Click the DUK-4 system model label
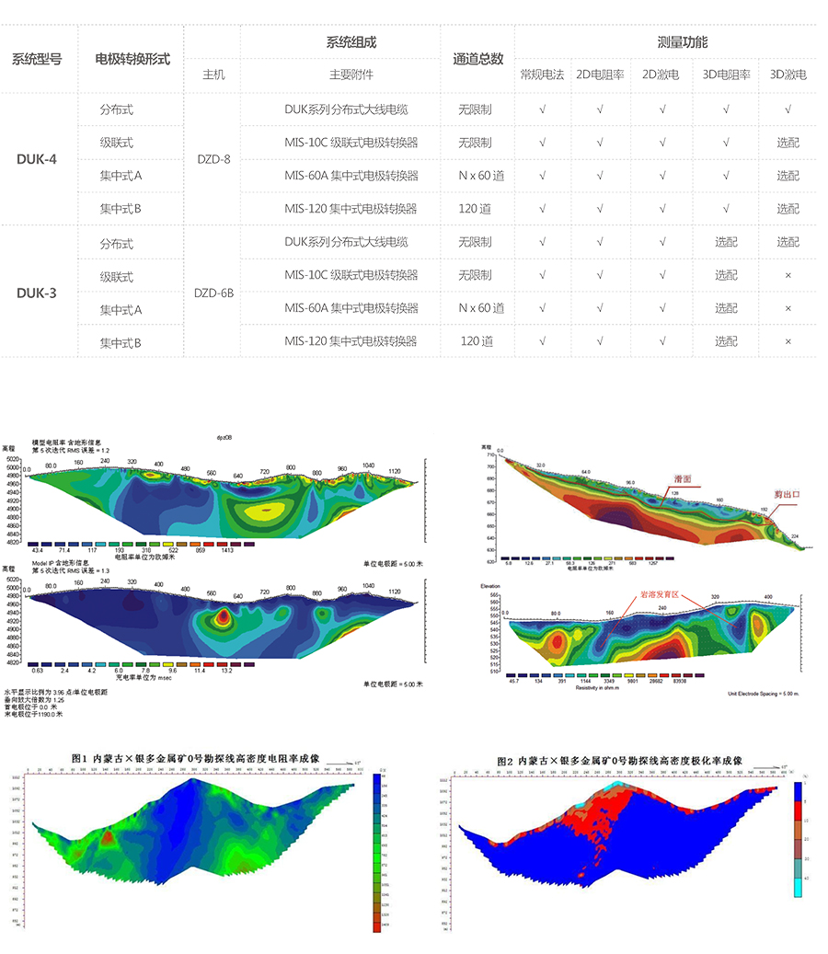(37, 159)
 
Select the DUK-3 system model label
(37, 293)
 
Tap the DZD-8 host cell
(213, 159)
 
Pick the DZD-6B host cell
(213, 293)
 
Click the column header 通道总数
(478, 59)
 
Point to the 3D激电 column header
(788, 75)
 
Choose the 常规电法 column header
(542, 75)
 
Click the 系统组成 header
(351, 42)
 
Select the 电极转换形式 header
(132, 59)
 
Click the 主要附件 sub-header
(351, 75)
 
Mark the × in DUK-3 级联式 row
(788, 275)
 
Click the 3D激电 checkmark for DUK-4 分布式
(788, 109)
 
